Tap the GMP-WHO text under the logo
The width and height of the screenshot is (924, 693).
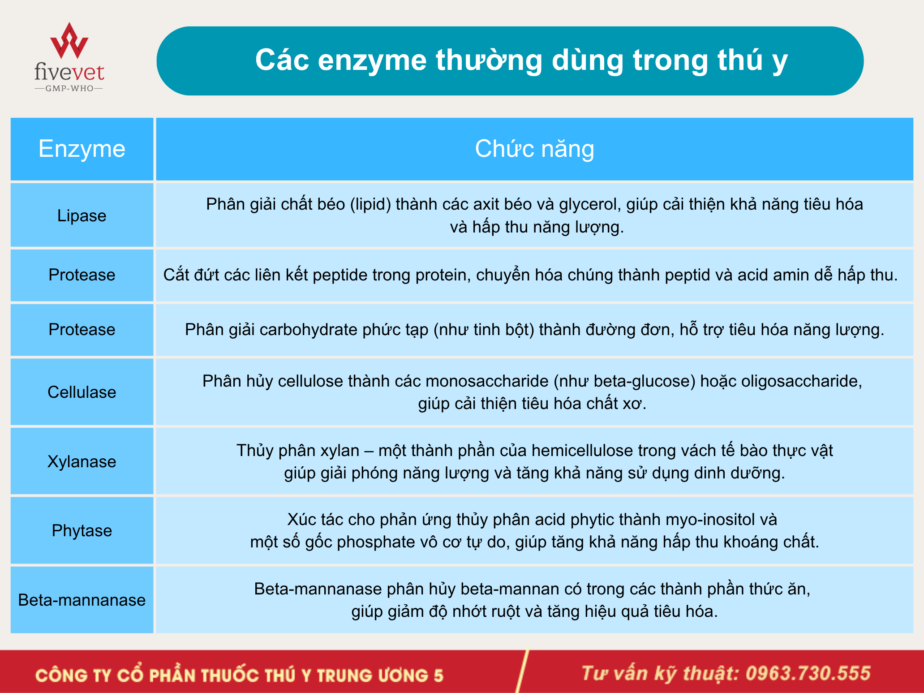69,88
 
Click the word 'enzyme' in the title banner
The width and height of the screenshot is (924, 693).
372,60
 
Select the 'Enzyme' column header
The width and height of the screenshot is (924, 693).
82,149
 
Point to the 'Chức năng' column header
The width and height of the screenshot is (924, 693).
534,149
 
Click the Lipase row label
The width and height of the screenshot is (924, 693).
82,215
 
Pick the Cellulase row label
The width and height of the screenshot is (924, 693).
82,392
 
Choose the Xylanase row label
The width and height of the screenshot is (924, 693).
82,461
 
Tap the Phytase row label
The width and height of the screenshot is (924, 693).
82,530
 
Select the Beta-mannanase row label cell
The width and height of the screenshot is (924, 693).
82,600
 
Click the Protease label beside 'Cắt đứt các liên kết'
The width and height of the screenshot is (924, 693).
82,275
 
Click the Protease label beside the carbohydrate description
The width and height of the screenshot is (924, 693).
82,329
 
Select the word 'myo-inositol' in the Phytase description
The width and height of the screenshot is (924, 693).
710,520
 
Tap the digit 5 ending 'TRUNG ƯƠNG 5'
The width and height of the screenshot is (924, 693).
438,676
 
